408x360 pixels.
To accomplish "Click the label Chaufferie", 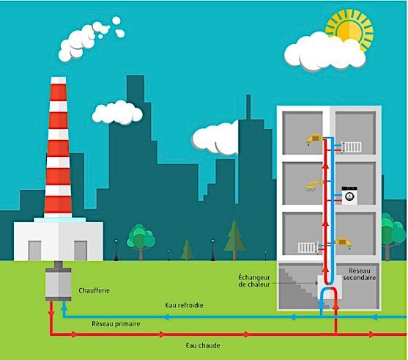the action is [94, 290].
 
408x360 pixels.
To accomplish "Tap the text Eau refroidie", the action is [185, 305].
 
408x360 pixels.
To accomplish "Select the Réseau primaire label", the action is [116, 324].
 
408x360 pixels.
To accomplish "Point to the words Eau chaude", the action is [203, 345].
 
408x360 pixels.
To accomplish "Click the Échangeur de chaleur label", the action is [254, 281].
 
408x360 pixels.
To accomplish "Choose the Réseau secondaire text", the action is [360, 274].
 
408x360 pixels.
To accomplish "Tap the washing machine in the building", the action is [349, 195].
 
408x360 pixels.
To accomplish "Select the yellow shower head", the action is [314, 186].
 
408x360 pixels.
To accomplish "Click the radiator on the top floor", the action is [352, 147].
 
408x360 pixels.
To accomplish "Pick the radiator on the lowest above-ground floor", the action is [308, 248].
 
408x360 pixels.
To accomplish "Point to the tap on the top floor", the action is [314, 139].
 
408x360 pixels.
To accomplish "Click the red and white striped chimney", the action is [58, 147].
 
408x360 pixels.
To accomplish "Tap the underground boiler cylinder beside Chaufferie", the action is [59, 284].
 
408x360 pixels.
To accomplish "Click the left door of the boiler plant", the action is [34, 251].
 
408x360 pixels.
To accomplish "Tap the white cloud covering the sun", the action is [324, 53].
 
